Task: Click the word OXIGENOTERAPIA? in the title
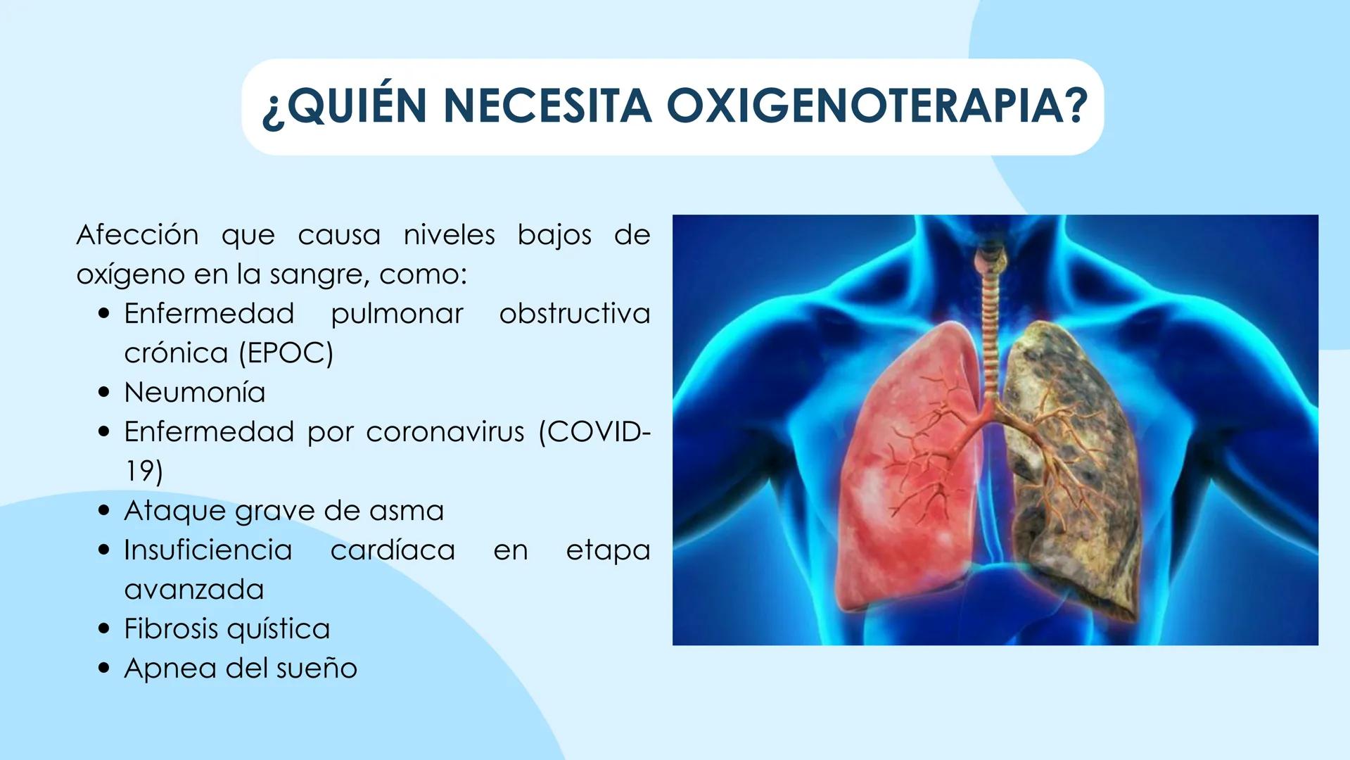pos(877,106)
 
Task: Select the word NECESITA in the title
pos(547,106)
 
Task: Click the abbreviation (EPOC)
pos(286,353)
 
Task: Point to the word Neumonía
pos(195,392)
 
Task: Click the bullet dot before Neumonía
pos(105,393)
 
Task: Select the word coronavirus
pos(445,431)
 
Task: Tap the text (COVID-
pos(594,431)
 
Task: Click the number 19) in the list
pos(144,471)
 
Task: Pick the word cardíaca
pos(393,550)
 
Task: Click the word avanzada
pos(194,589)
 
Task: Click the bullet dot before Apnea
pos(105,669)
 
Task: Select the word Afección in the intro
pos(137,234)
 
